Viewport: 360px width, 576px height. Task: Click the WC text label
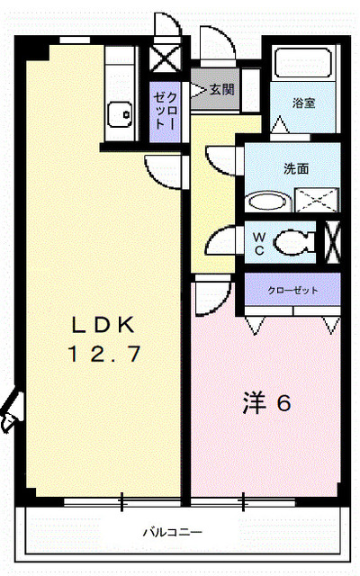[257, 240]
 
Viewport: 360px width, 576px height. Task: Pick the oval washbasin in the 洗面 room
[264, 201]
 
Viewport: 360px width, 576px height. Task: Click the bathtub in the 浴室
[304, 65]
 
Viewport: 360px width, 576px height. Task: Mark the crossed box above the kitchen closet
[165, 61]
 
